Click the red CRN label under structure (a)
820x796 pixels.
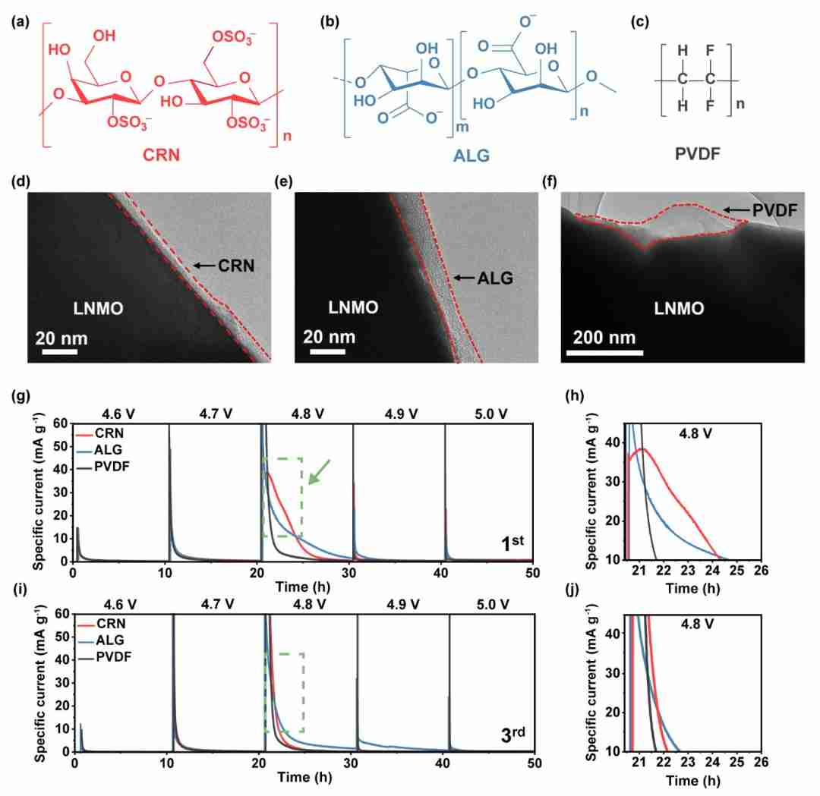(161, 155)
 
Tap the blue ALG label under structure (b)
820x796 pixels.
(471, 156)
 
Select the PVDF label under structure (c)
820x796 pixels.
(698, 153)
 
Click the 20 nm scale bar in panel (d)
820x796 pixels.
(60, 352)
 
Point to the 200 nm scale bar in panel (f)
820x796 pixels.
(604, 353)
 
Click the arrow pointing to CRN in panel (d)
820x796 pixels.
(204, 266)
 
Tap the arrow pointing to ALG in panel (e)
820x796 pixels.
(464, 278)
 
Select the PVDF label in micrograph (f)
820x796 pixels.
(774, 210)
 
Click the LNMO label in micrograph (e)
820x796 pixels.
(353, 307)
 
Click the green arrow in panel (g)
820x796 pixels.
(319, 472)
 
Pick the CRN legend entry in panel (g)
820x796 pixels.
(100, 433)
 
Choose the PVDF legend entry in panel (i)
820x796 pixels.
(105, 656)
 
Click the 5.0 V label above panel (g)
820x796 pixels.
(490, 414)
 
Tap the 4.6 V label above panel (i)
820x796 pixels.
(120, 604)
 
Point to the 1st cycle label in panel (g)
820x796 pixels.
(512, 543)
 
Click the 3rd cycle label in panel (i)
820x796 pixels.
(512, 734)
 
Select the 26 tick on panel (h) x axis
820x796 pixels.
(761, 570)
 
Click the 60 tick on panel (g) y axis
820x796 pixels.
(61, 423)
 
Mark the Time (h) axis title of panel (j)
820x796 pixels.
(692, 780)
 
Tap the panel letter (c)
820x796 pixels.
(640, 22)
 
